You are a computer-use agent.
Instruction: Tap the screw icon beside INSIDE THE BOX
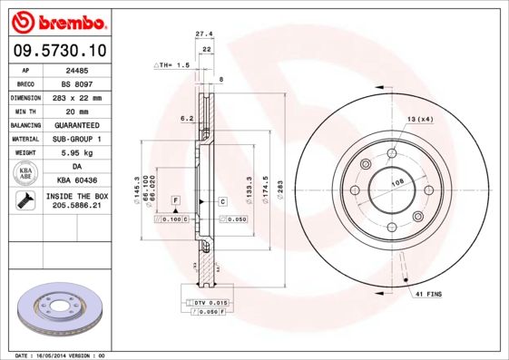[x=24, y=201]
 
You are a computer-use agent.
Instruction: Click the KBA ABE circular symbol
[x=25, y=174]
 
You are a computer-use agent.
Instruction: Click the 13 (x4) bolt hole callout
[x=419, y=119]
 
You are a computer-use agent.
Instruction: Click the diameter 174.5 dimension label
[x=265, y=190]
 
